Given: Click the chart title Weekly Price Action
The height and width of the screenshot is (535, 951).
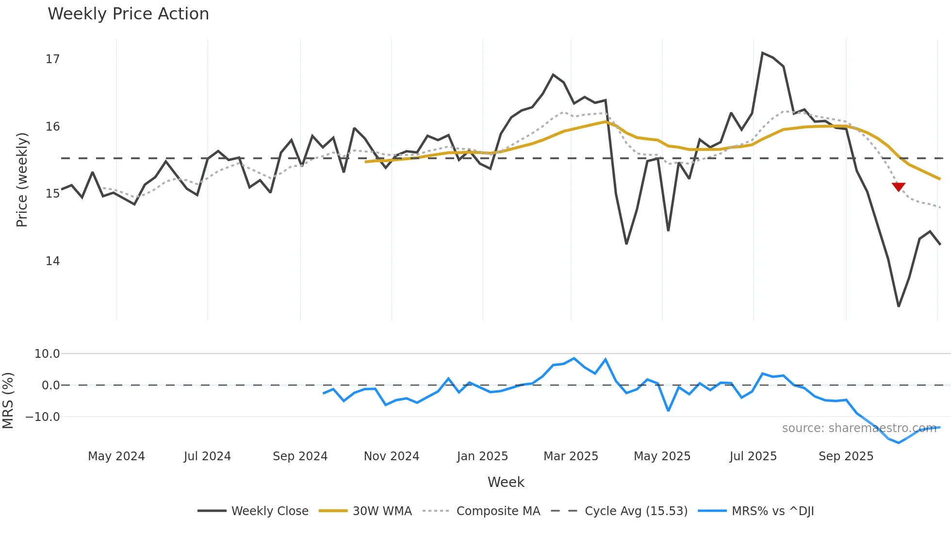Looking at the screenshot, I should coord(128,14).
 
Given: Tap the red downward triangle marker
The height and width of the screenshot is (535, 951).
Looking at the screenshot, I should coord(899,186).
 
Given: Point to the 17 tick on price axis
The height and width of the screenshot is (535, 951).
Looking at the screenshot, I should coord(52,59).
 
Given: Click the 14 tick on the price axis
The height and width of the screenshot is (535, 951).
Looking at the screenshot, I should coord(52,261).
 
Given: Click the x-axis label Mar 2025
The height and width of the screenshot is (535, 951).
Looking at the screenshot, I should coord(571,456).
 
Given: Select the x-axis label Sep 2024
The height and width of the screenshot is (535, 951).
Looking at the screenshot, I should coord(300,456).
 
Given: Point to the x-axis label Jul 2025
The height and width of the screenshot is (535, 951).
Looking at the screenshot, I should coord(753,456).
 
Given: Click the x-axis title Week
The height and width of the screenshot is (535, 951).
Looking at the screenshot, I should coord(506,482).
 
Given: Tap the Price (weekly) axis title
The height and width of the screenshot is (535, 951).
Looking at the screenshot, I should coord(22,180).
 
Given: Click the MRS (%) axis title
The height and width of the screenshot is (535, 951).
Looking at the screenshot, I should coord(8,401).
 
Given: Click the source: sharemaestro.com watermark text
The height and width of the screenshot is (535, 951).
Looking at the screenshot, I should coord(859,428).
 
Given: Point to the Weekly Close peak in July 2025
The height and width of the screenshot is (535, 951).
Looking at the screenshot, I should coord(762,52).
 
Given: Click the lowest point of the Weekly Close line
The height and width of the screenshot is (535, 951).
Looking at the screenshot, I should coord(899,306).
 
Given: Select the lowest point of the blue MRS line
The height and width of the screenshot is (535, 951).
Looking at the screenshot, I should coord(899,443).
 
